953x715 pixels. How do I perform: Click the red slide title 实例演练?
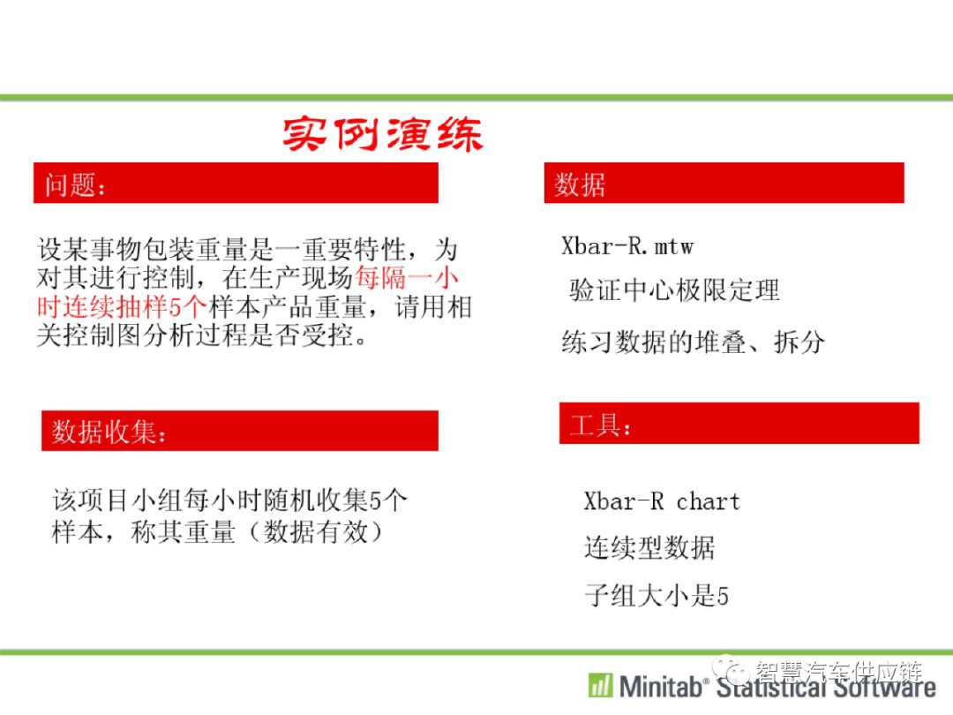coord(383,134)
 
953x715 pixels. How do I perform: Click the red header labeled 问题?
coord(236,183)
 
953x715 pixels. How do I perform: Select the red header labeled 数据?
coord(724,183)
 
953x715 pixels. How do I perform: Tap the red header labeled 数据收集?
coord(239,431)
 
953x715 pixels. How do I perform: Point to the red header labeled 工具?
coord(739,423)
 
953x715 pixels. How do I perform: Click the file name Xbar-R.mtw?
coord(627,246)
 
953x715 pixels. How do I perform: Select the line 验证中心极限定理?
coord(674,290)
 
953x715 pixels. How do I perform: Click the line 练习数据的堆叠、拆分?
coord(694,342)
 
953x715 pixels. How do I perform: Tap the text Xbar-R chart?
coord(662,501)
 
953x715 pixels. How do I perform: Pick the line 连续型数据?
coord(649,547)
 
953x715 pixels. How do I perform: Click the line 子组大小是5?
coord(657,595)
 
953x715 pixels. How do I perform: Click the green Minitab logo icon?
coord(601,686)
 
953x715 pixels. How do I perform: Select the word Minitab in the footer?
coord(661,687)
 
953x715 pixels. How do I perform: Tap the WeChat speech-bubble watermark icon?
coord(732,670)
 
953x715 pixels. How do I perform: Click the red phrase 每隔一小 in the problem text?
coord(406,277)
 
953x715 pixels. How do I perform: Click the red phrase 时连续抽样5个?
coord(122,306)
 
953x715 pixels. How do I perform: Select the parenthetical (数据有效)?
coord(316,532)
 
